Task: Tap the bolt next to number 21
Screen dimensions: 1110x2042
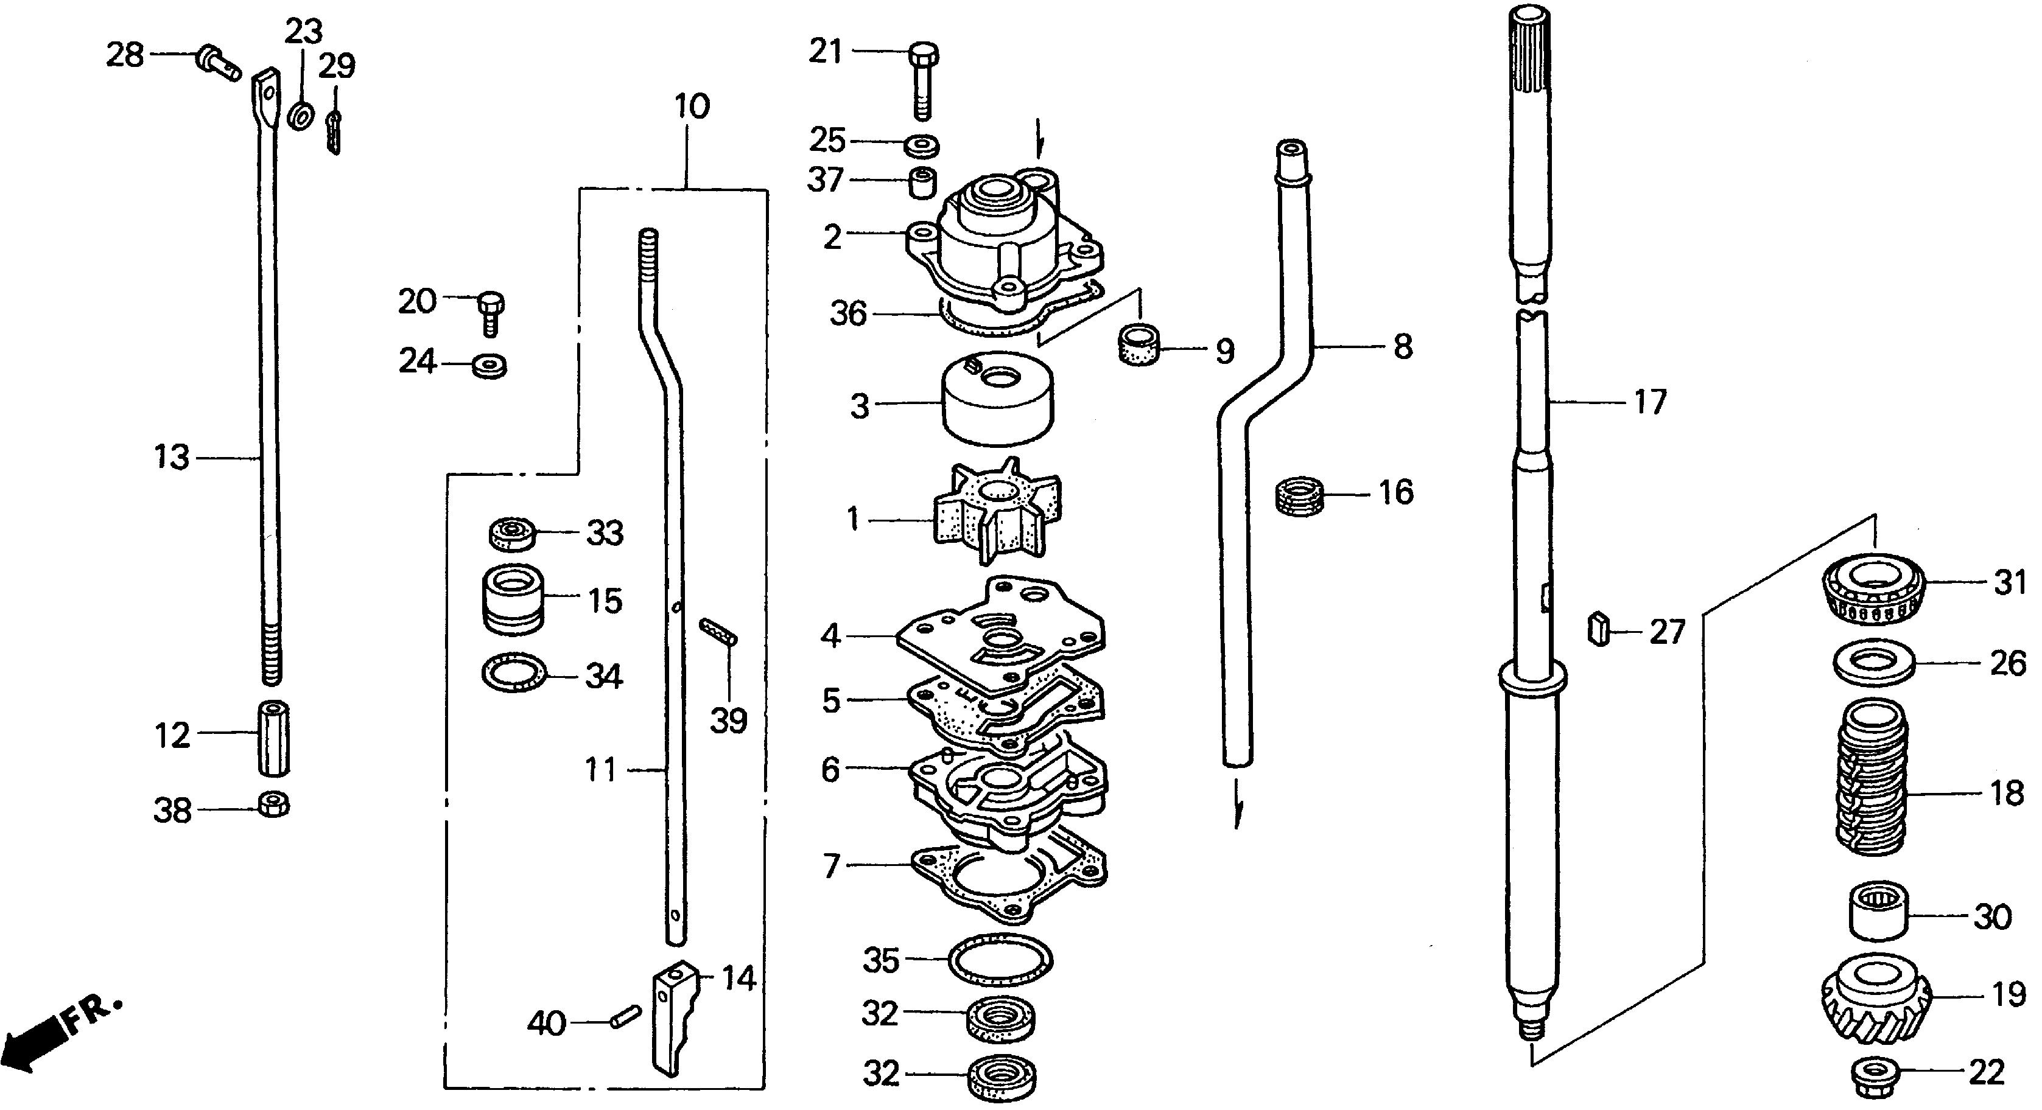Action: tap(922, 80)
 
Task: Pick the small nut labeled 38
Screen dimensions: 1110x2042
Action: tap(274, 805)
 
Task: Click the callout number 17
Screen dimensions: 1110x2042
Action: tap(1651, 402)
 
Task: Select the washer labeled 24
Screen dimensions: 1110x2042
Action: tap(489, 366)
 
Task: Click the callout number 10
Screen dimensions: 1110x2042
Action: tap(692, 106)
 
